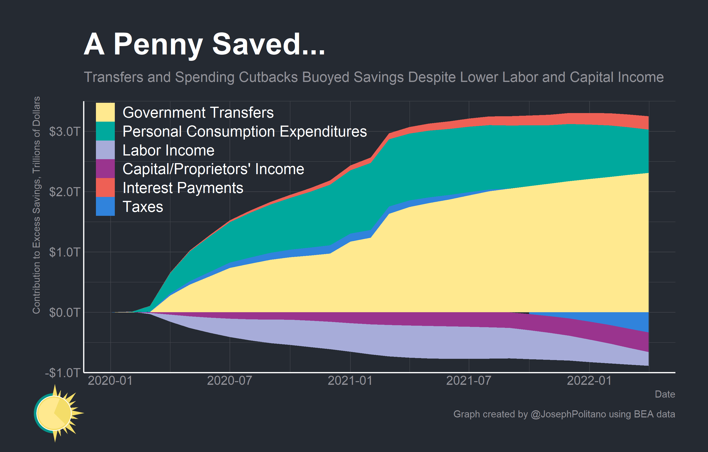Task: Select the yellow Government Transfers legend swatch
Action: click(x=105, y=112)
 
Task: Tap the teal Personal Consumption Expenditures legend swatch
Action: click(x=105, y=131)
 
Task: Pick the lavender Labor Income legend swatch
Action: click(x=105, y=150)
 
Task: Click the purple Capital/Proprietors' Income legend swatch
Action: click(x=105, y=168)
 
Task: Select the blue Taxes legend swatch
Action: click(x=105, y=206)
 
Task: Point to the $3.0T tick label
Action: click(x=64, y=131)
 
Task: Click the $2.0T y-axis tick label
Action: click(x=64, y=192)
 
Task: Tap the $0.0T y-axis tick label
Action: click(x=64, y=312)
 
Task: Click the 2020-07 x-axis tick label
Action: click(x=229, y=381)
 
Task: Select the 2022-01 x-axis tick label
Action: click(x=589, y=381)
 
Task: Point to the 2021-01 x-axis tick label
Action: click(x=350, y=381)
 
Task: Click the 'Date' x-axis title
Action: click(x=665, y=394)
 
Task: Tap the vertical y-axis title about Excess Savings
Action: click(x=36, y=205)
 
